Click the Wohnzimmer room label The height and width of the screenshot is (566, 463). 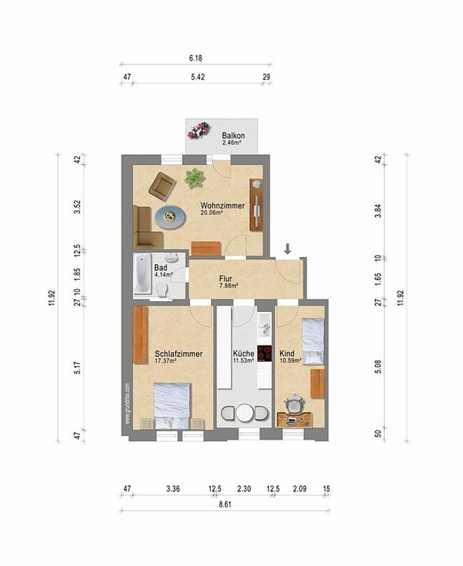coord(223,206)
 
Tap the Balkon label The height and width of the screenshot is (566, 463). coord(233,136)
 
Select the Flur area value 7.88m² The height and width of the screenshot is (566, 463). coord(229,285)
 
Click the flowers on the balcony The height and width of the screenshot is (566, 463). coord(199,131)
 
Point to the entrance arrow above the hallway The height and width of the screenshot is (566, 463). coord(287,248)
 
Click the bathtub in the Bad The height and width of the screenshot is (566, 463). coord(141,273)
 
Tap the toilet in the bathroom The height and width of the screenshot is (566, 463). coord(162,289)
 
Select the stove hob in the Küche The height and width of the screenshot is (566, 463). coord(265,354)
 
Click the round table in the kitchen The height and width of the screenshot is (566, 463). coord(244,413)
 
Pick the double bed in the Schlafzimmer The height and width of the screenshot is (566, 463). coord(171,405)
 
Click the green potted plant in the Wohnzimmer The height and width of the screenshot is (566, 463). coord(195,178)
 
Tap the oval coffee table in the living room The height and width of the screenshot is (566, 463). coord(169,216)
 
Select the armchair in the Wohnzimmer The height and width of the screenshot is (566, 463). coord(163,186)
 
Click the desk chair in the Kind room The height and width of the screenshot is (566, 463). coord(295,403)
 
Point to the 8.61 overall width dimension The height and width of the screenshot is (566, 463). coord(225,505)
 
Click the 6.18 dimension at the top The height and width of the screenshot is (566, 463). coord(196,58)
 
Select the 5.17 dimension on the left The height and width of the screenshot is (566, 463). coord(78,368)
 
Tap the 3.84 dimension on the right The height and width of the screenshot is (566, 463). coord(378,211)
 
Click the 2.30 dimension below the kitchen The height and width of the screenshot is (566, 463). coord(244,489)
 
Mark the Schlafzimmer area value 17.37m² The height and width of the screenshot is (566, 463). coord(165,360)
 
